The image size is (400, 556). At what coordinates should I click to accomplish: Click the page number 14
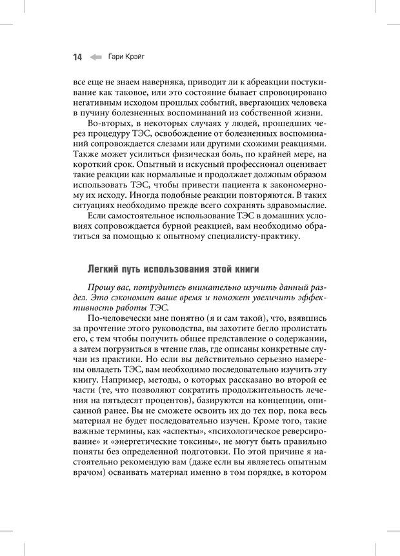[x=77, y=57]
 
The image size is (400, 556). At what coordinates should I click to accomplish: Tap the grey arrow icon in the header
[x=95, y=57]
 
